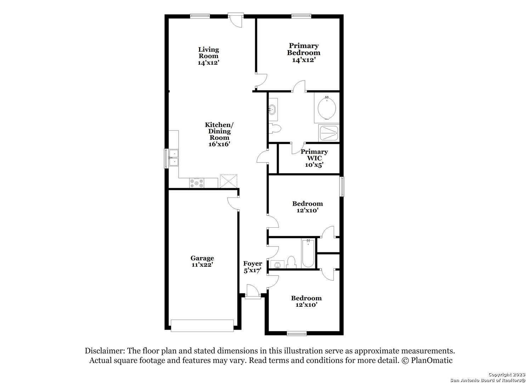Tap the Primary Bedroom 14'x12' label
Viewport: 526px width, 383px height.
[304, 53]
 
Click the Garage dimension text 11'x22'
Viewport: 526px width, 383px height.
[202, 265]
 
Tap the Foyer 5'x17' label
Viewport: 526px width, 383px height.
[253, 267]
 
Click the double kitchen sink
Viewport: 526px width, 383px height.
[174, 158]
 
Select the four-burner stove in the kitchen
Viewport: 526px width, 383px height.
[197, 183]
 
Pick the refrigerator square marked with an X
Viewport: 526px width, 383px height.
[228, 181]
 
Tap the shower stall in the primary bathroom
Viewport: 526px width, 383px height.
[329, 133]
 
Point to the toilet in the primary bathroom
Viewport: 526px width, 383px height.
[275, 128]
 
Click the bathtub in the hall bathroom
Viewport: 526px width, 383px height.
[308, 254]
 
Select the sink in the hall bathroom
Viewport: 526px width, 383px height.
[276, 265]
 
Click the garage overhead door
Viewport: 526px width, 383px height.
[202, 326]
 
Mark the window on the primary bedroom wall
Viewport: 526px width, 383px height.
[301, 16]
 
